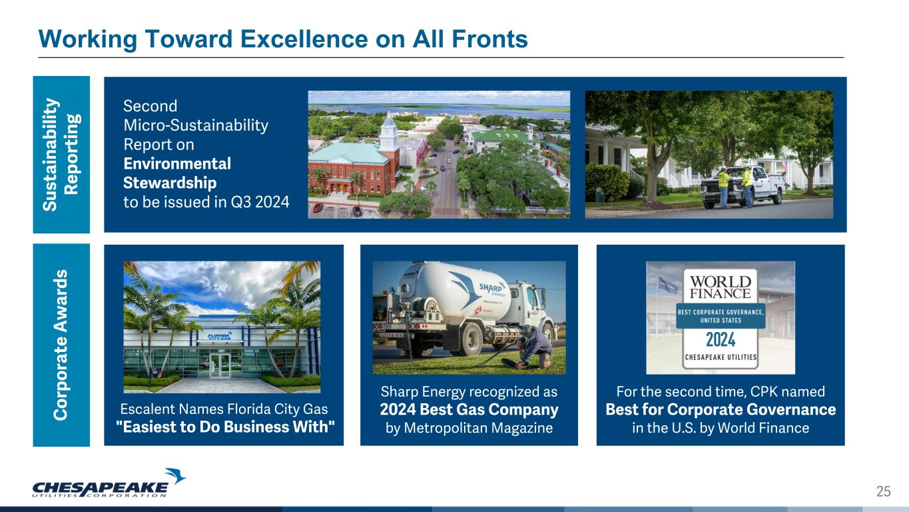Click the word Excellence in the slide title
(x=304, y=39)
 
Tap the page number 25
(x=884, y=491)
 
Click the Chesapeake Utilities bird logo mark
(x=175, y=476)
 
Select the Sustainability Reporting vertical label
(x=61, y=155)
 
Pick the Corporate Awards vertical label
(x=61, y=345)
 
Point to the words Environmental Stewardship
(x=177, y=173)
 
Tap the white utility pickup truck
(x=743, y=186)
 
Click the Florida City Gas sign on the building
(x=220, y=337)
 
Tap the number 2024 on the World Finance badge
(x=721, y=340)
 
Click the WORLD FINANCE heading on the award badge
(x=721, y=287)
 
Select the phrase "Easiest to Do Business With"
(x=225, y=427)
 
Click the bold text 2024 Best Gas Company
(x=469, y=409)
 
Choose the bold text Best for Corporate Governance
(x=721, y=409)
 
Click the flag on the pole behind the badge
(x=667, y=285)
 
